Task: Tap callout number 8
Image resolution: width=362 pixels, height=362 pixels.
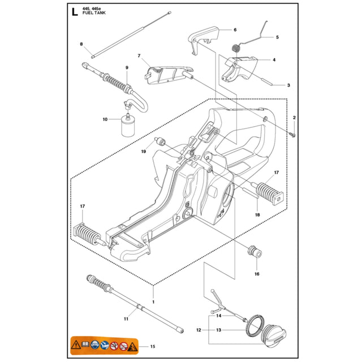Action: click(81, 44)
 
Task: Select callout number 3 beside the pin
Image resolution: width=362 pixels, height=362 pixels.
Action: click(288, 85)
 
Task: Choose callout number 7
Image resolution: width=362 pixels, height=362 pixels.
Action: click(139, 55)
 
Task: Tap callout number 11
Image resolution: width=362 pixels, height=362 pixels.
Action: click(126, 320)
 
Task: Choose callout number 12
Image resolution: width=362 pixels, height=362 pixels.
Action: click(199, 329)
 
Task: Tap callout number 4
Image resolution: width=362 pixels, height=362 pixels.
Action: click(274, 59)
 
